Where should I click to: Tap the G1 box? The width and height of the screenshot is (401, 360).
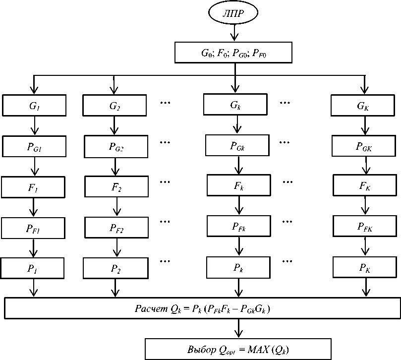34,105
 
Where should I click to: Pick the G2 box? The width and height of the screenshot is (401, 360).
115,105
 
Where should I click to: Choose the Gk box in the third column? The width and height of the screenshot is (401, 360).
235,105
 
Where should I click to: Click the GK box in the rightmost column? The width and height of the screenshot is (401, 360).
364,105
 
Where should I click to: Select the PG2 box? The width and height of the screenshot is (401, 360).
116,147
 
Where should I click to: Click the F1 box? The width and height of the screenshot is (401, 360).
34,187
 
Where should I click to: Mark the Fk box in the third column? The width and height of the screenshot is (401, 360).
239,185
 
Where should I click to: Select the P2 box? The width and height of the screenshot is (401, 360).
115,268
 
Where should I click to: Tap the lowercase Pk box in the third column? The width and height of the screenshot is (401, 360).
238,268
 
